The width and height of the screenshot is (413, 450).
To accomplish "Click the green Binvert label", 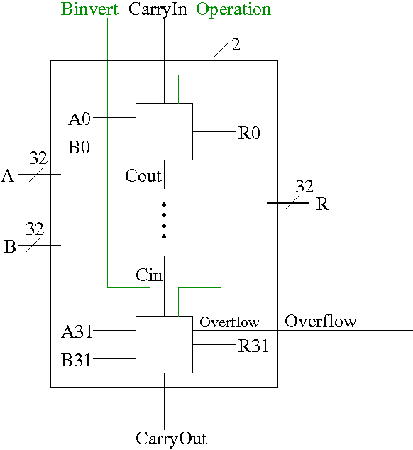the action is click(x=89, y=9).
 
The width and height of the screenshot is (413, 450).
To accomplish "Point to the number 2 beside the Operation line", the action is click(x=236, y=45).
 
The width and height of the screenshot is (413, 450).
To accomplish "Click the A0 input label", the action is click(x=79, y=119).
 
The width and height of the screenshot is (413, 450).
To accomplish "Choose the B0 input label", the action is click(x=79, y=147).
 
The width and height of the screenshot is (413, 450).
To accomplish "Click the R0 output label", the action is click(x=249, y=133).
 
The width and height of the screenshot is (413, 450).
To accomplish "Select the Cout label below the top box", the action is click(x=143, y=175).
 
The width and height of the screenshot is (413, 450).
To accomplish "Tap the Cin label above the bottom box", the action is click(x=149, y=275).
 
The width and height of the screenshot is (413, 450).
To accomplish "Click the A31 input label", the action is click(x=77, y=332).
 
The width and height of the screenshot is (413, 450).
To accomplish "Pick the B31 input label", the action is click(x=77, y=360).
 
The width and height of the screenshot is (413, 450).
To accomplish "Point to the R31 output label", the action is click(x=254, y=346).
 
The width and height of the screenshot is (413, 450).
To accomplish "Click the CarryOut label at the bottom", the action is click(x=171, y=439).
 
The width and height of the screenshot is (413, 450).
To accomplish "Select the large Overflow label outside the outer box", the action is click(x=321, y=321).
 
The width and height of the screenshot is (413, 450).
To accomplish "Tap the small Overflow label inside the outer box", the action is click(x=230, y=322).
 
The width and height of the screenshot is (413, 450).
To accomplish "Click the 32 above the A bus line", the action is click(x=38, y=158).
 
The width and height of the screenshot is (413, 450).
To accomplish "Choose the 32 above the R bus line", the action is click(x=304, y=186).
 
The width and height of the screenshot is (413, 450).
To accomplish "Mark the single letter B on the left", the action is click(x=10, y=246).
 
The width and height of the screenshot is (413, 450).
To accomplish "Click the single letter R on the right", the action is click(x=323, y=204).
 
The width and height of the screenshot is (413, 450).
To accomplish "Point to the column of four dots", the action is click(x=164, y=221).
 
